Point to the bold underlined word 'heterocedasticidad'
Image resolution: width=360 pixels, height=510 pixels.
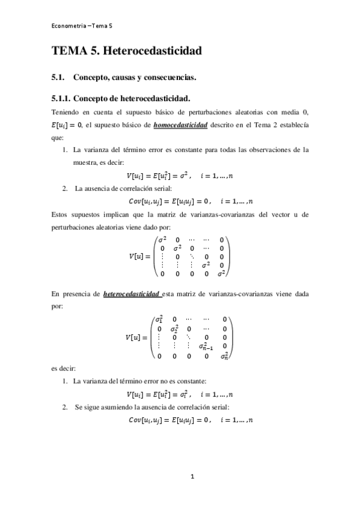(132, 295)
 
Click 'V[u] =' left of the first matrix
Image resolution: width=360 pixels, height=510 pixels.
(141, 256)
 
